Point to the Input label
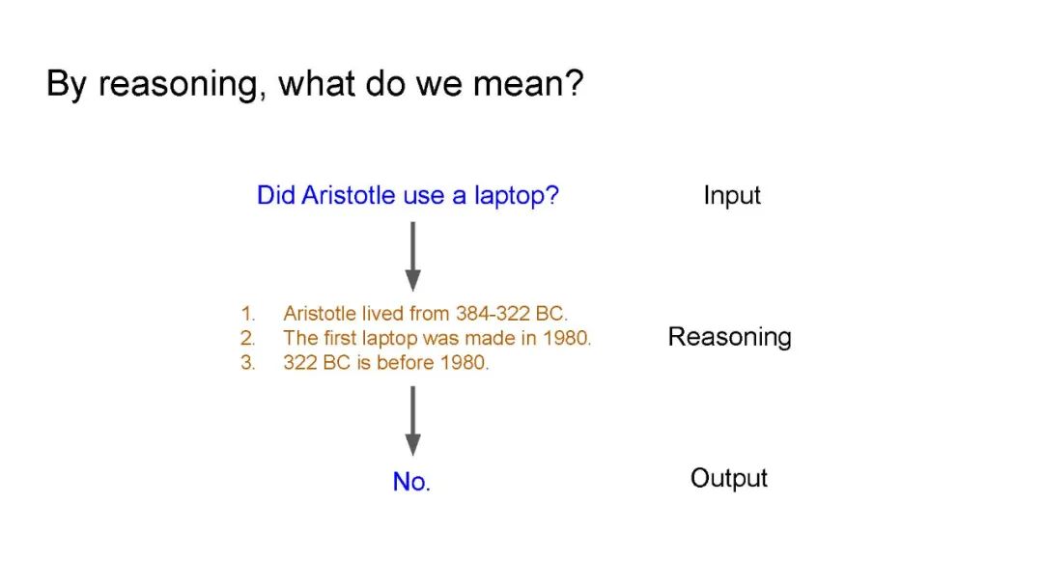[x=732, y=196]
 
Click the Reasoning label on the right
[x=730, y=337]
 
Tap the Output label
[x=729, y=478]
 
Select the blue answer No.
[x=411, y=482]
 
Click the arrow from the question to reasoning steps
[x=413, y=256]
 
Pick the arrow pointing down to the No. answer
[x=413, y=421]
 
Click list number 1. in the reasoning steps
[x=248, y=313]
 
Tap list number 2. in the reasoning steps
[x=248, y=338]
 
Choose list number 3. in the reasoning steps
[x=248, y=362]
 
